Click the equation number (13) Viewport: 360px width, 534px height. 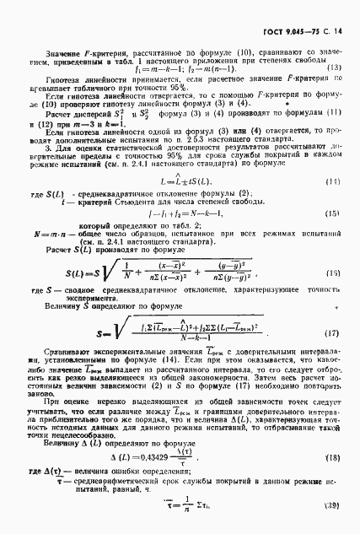pos(334,67)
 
